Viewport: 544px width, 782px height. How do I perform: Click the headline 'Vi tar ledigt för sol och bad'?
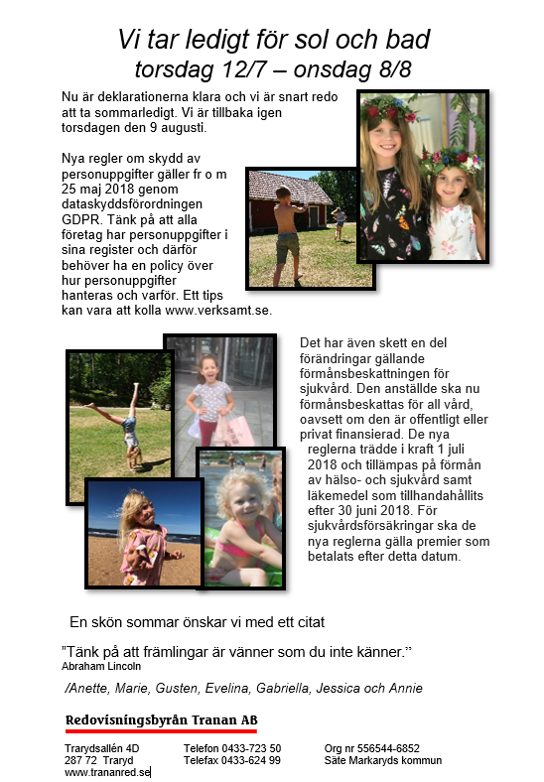coord(273,40)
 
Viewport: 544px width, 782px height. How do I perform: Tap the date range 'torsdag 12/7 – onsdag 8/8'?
coord(273,68)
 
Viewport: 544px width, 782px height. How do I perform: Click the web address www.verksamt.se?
coord(218,310)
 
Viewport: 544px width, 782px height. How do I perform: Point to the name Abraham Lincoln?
coord(101,667)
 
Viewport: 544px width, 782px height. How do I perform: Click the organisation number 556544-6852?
coord(387,748)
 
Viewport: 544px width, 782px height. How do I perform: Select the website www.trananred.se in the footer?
coord(107,772)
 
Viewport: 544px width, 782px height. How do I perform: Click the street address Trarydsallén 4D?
coord(102,748)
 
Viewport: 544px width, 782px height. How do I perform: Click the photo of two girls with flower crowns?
coord(422,177)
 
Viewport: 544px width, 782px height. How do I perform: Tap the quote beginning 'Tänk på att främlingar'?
coord(236,651)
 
